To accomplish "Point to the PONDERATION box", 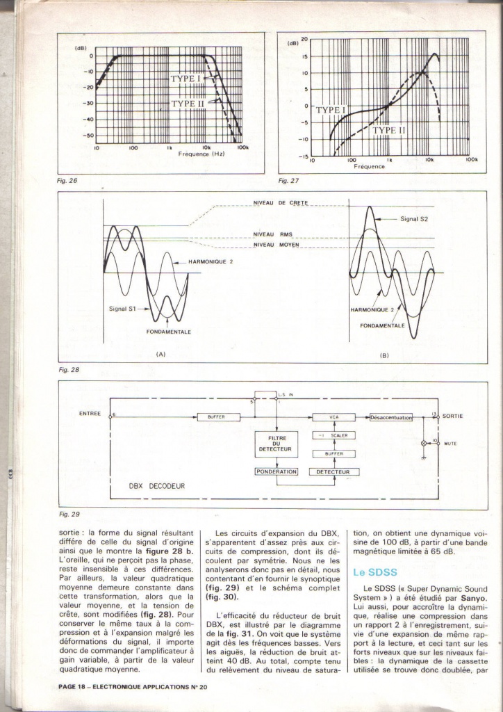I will click(x=277, y=471).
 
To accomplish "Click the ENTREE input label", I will click(x=90, y=413).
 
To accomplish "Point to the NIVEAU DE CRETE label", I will click(x=276, y=202).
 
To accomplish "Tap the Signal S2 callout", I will click(x=415, y=219).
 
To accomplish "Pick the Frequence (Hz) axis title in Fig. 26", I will click(x=199, y=154).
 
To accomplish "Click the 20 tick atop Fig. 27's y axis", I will click(x=304, y=40).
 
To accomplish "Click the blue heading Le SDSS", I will click(x=370, y=573).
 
